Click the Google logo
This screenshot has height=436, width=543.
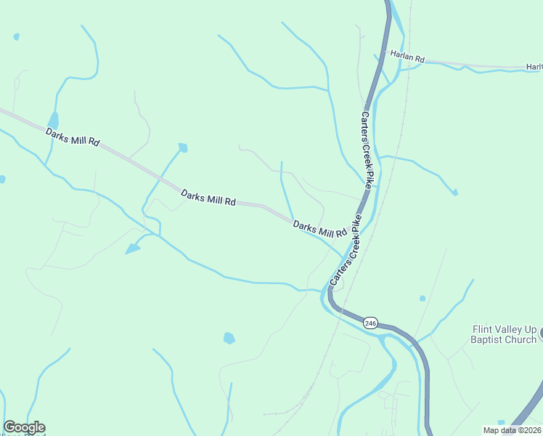24,427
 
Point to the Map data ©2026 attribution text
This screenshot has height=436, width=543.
512,430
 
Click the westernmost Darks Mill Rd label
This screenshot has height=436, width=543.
72,137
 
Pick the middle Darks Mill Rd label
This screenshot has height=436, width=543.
208,198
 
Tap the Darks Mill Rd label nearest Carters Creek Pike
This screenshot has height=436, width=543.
319,230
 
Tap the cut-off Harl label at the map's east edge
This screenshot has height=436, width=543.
534,67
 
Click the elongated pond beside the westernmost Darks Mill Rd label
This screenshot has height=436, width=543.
53,121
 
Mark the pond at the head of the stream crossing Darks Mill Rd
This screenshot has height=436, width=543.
183,148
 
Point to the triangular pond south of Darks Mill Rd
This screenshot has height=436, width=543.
133,249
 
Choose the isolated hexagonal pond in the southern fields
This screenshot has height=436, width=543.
229,338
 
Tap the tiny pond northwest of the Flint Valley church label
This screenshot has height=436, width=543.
422,298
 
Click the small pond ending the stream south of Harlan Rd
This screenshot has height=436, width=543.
454,193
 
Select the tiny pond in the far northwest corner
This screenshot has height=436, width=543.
16,36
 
